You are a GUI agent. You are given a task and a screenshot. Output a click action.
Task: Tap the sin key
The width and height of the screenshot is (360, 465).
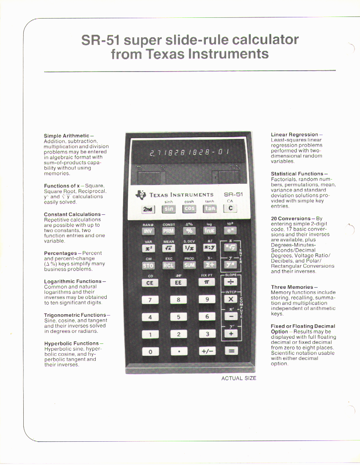click(169, 209)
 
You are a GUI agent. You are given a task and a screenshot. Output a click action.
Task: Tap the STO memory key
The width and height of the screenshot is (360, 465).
click(149, 266)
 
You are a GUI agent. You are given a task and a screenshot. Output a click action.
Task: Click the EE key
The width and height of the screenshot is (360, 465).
click(178, 282)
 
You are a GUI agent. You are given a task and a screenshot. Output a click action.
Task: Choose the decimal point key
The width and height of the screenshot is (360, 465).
click(178, 351)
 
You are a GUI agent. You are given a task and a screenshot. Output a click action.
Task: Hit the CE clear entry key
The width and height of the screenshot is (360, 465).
click(149, 282)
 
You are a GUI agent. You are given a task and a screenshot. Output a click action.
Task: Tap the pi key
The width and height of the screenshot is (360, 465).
click(207, 282)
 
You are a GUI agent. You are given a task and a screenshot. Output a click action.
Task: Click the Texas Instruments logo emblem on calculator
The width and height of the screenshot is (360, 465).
click(140, 195)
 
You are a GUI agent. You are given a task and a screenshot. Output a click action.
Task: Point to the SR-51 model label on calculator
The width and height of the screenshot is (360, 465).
click(233, 194)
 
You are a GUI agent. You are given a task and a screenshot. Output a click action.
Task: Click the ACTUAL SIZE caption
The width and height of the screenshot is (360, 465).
click(239, 378)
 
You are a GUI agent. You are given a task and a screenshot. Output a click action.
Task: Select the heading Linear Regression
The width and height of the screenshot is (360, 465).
click(294, 135)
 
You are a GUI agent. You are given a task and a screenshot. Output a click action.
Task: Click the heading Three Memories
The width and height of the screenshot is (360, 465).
click(292, 287)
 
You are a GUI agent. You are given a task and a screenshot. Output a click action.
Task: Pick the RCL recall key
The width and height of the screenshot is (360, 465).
click(169, 266)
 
